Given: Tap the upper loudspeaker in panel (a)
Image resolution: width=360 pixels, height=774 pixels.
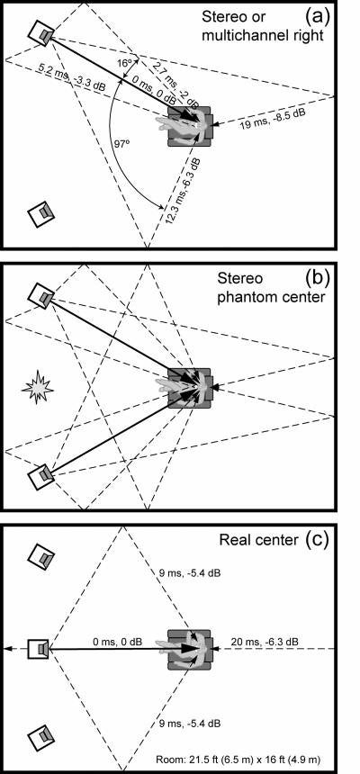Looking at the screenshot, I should coord(42,33).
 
